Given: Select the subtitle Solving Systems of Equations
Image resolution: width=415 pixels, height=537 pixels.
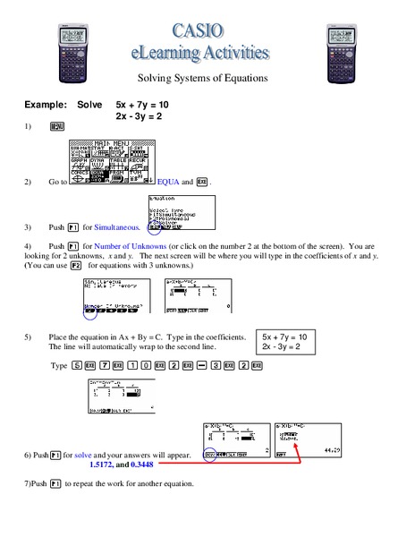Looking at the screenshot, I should [x=207, y=78].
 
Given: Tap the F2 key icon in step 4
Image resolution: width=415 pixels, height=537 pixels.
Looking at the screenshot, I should [x=76, y=266].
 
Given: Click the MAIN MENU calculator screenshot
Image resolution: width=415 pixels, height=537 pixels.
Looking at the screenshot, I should [x=113, y=161].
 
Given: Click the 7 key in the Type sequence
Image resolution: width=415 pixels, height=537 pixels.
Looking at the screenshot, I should [x=105, y=366].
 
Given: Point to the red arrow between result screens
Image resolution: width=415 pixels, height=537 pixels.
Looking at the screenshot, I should [x=268, y=461].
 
